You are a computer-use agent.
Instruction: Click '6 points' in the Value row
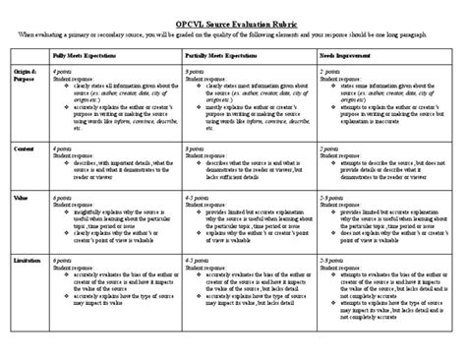point(63,196)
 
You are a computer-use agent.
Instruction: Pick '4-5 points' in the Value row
point(199,196)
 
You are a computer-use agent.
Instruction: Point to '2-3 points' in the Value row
point(331,196)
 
